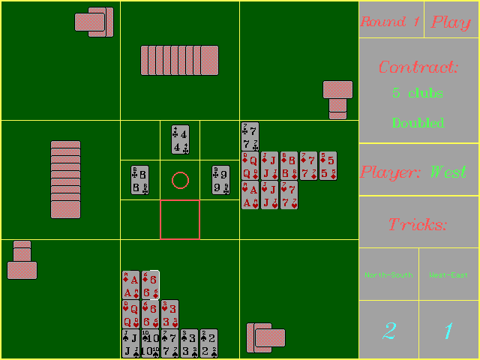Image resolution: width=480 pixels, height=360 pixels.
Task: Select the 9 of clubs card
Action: coord(220,180)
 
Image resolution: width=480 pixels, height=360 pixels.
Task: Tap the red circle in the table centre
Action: coord(180,180)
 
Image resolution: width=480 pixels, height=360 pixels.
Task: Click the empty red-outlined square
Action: coord(180,220)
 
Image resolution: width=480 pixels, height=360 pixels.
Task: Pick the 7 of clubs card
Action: coord(250,135)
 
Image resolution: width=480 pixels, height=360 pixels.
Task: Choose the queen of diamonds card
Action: coord(250,166)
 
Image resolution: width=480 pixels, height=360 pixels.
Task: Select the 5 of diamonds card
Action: coord(328,166)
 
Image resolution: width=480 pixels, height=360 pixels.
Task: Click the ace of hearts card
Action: coord(250,195)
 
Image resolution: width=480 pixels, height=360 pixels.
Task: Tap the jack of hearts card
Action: coord(269,195)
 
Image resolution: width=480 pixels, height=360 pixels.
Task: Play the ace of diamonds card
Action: coord(130,285)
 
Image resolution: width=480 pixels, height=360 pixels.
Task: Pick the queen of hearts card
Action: coord(130,314)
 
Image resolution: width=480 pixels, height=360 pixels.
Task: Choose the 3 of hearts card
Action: coord(170,314)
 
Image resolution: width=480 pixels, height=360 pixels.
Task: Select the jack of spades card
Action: coord(130,343)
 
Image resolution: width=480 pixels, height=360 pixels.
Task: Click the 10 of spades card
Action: coord(150,343)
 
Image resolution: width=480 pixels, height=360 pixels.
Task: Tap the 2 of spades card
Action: coord(209,343)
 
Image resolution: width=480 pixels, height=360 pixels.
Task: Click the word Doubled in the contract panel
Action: coord(418,123)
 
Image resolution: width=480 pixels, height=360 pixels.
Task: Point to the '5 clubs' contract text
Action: coord(418,94)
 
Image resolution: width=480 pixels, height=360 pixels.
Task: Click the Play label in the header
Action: coord(451,22)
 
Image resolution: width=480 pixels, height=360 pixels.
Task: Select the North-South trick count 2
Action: coord(388,330)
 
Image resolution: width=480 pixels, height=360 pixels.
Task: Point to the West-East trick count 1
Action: coord(448,330)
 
